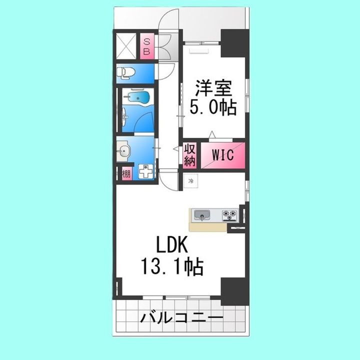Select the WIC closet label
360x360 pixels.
click(223, 155)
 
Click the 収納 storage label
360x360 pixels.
click(189, 155)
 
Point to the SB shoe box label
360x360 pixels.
click(147, 46)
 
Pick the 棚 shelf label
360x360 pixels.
click(126, 174)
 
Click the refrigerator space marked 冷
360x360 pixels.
click(190, 182)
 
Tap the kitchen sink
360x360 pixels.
click(202, 215)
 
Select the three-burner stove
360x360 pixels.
click(229, 215)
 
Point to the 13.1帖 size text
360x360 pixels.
click(172, 268)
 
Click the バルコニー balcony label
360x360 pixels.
click(181, 317)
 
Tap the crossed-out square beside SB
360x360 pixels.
click(127, 46)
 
